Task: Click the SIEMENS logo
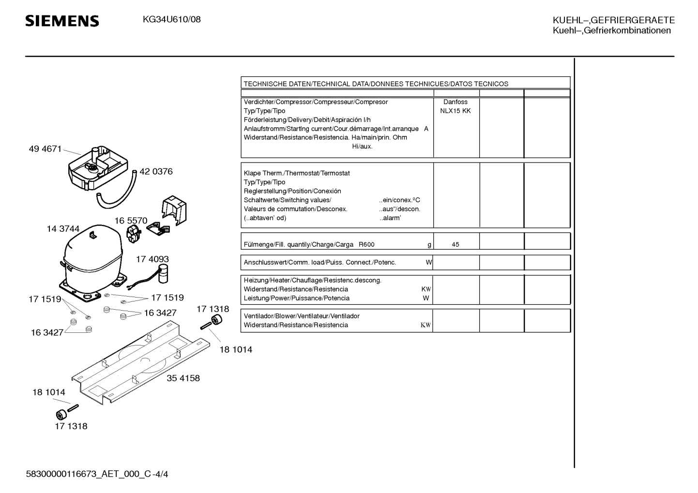[62, 21]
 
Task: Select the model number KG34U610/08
[172, 20]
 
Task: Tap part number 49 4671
[45, 149]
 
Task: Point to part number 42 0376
[156, 171]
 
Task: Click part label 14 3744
[63, 229]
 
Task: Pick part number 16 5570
[131, 221]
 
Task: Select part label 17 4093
[152, 259]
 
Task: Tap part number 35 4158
[183, 378]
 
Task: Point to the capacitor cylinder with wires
[163, 274]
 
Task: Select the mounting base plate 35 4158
[141, 363]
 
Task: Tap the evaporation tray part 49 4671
[98, 168]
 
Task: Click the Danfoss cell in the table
[455, 102]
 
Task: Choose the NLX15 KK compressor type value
[455, 111]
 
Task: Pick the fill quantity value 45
[455, 244]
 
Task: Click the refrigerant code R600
[366, 244]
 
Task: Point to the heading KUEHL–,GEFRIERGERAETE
[614, 20]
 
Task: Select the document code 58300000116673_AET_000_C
[89, 474]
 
